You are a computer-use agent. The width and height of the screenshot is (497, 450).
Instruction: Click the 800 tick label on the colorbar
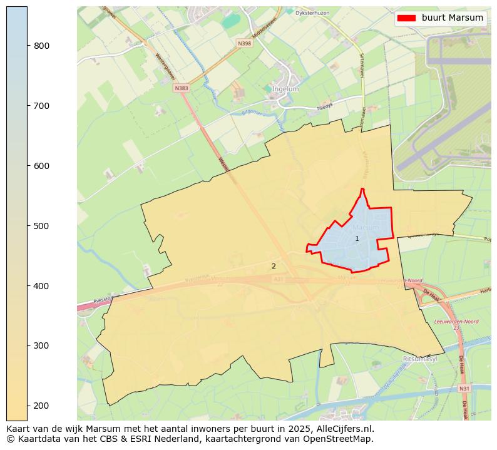tap(41, 46)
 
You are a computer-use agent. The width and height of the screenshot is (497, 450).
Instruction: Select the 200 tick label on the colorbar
tap(41, 406)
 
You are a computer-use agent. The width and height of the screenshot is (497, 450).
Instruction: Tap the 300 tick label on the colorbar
tap(41, 345)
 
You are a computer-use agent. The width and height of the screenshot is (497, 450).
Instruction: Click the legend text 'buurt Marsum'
tap(452, 18)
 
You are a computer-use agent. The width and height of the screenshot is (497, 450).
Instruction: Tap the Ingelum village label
tap(285, 89)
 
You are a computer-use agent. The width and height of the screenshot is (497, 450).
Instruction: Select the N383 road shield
tap(182, 88)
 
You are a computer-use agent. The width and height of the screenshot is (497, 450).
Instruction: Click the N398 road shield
tap(244, 43)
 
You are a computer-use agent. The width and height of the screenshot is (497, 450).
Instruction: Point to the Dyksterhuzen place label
tap(313, 12)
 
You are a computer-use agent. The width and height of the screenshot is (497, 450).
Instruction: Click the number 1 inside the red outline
tap(357, 239)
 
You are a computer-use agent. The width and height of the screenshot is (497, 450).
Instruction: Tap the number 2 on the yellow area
tap(274, 267)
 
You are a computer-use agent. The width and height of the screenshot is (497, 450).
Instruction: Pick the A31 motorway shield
tap(279, 279)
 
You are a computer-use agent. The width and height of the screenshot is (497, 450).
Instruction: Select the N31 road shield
tap(463, 389)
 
